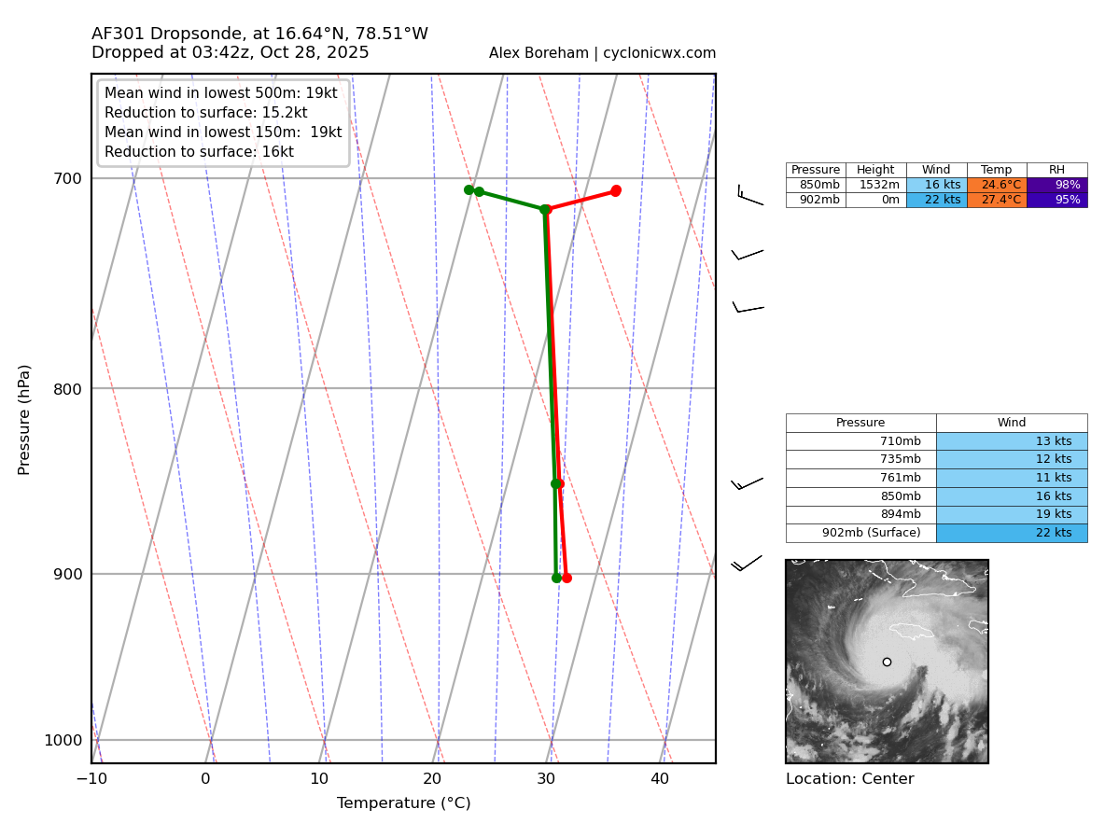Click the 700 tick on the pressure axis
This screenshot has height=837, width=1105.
[66, 178]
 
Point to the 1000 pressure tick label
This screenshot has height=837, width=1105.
[63, 740]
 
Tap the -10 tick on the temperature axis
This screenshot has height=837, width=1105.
[91, 778]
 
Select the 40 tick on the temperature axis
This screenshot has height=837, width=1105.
[660, 778]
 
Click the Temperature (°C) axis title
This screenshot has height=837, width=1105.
[403, 803]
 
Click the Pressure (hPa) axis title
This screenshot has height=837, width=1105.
[25, 419]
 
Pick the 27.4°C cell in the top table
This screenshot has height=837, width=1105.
[997, 200]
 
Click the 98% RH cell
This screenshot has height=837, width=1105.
[1056, 185]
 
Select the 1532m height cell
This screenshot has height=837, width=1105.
[875, 185]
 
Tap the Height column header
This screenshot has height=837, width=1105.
[875, 170]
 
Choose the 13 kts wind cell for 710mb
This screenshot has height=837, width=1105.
[1012, 441]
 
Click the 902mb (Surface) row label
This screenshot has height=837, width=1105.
[860, 533]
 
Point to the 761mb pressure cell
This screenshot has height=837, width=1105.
[860, 478]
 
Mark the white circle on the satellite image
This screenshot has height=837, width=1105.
[887, 662]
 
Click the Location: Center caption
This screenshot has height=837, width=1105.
[849, 779]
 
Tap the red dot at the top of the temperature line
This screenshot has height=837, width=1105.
[615, 190]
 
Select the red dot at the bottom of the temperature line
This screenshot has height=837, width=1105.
[566, 578]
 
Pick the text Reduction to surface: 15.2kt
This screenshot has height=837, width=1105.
[205, 113]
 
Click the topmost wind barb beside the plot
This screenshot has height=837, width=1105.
[748, 196]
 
